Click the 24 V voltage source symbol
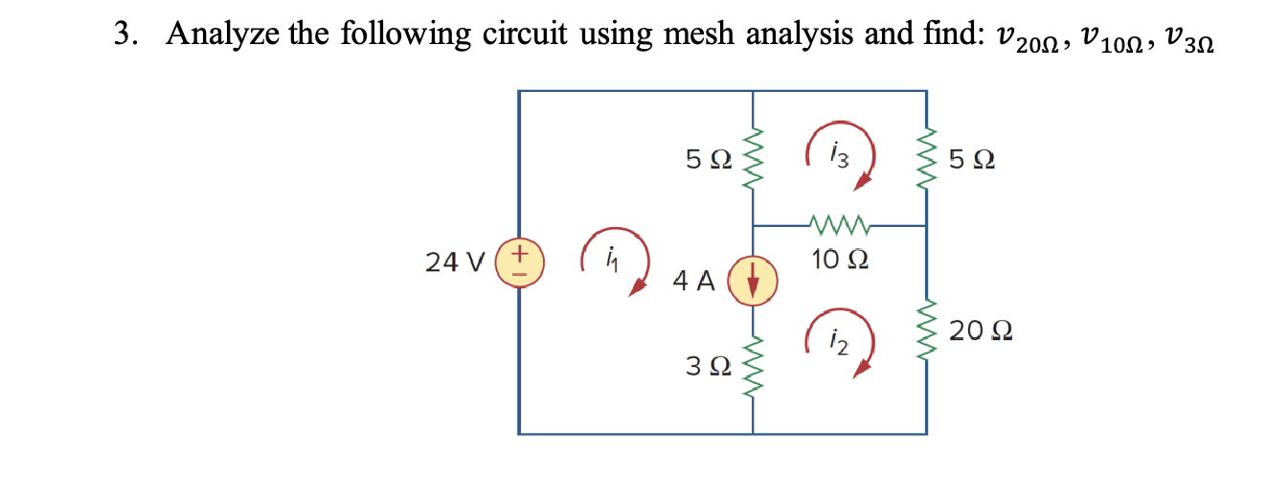[x=518, y=261]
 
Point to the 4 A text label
[x=694, y=281]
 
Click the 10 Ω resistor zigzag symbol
[x=839, y=226]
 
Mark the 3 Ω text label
[x=710, y=366]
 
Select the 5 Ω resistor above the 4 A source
[x=753, y=159]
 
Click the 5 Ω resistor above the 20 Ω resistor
[x=926, y=159]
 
